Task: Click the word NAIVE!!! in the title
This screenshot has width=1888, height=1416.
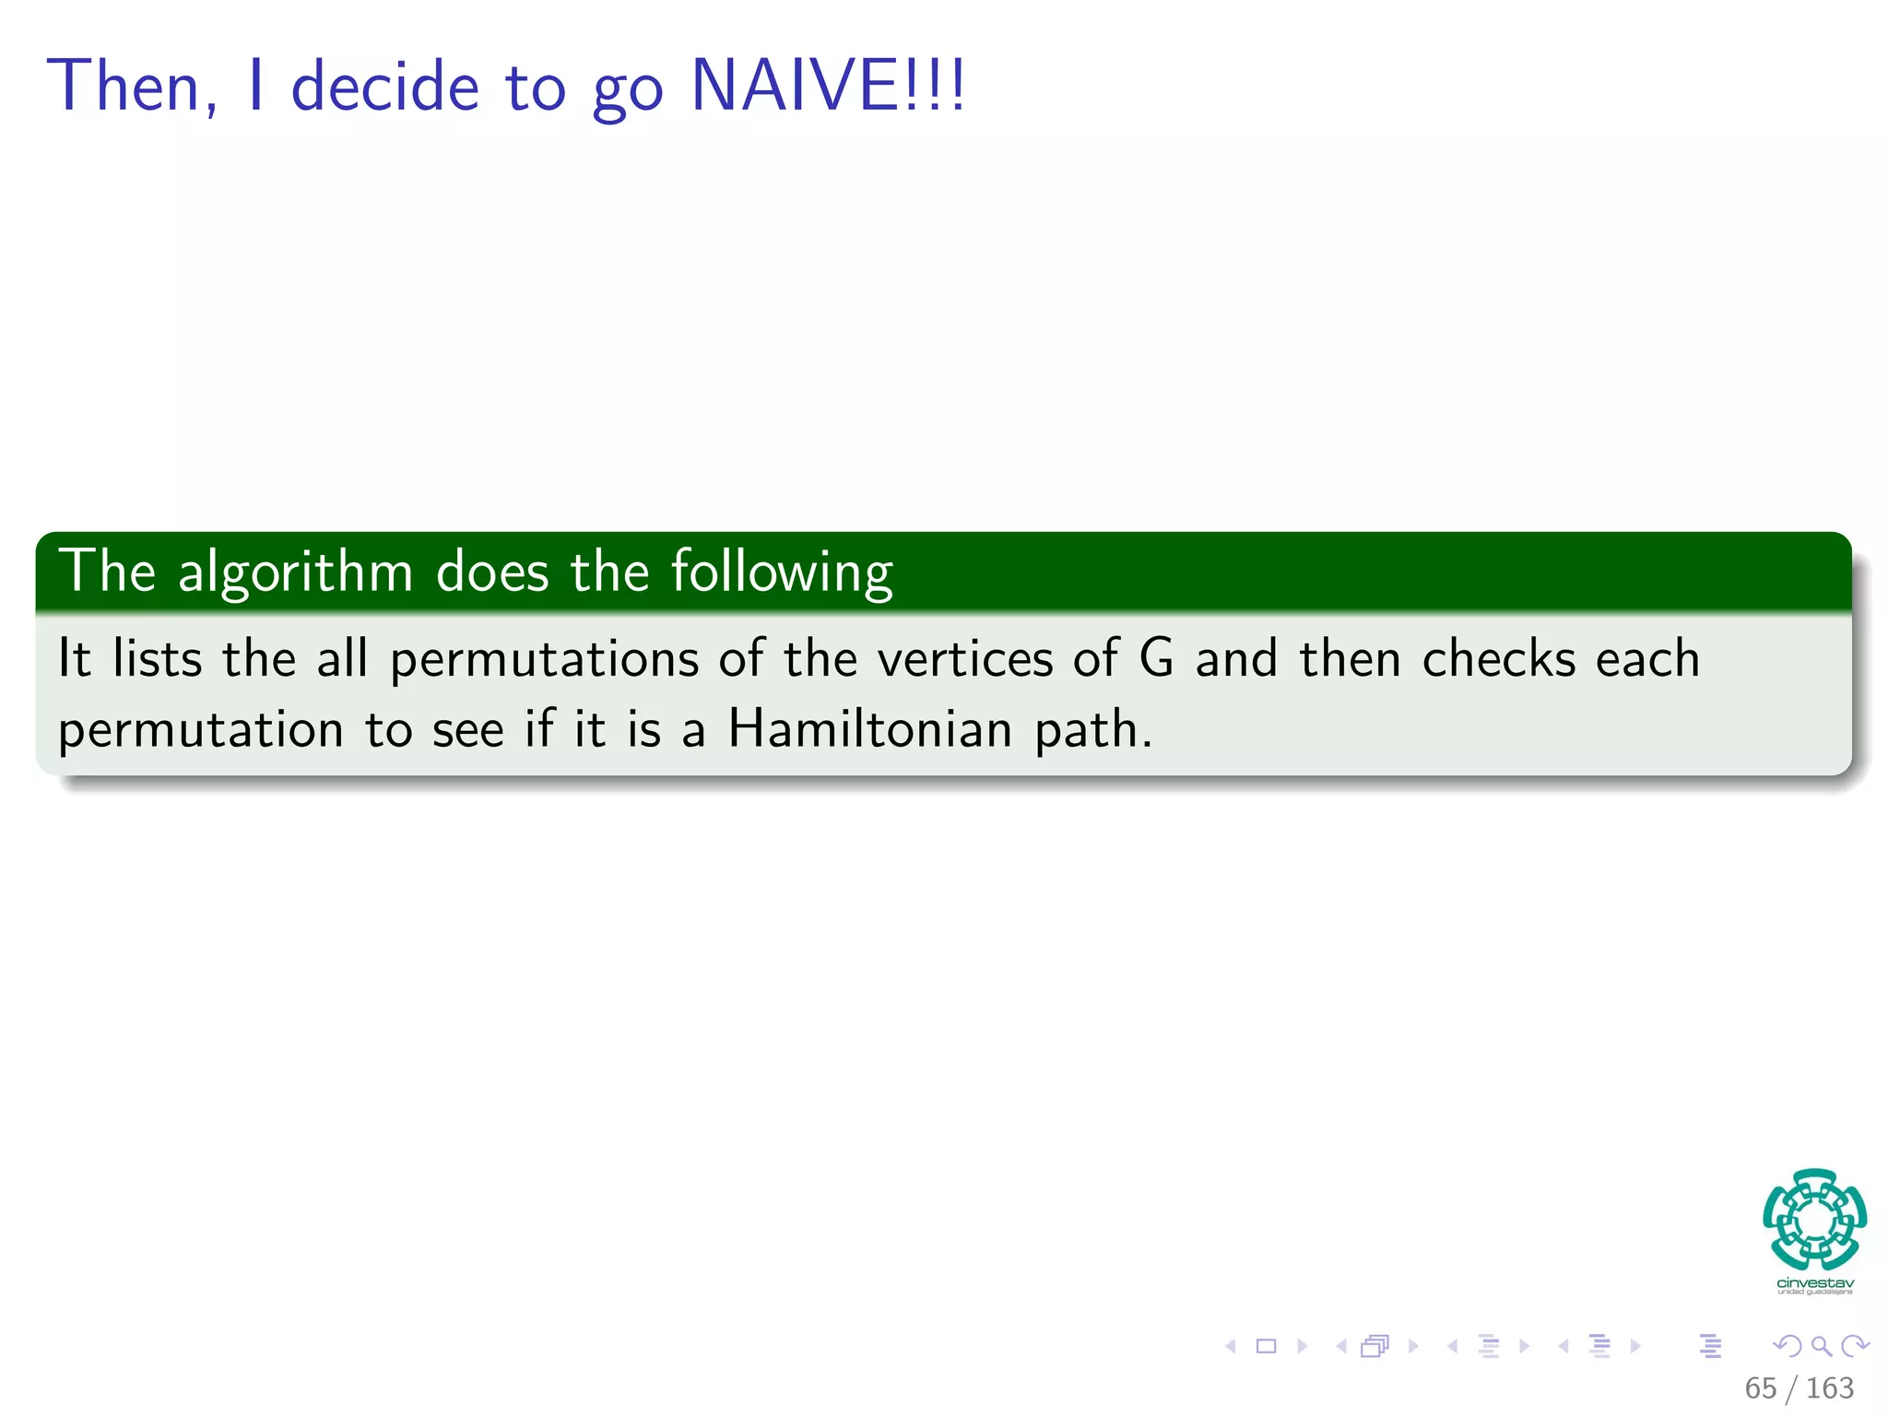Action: (x=828, y=86)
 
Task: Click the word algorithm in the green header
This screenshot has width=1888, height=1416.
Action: (x=295, y=572)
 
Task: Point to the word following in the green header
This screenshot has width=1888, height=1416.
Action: (x=781, y=572)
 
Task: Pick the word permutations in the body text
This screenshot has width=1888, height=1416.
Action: (x=544, y=660)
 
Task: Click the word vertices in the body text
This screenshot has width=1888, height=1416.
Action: (x=965, y=660)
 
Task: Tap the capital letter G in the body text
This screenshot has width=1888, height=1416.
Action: (x=1157, y=658)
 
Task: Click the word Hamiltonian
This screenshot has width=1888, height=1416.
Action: (x=870, y=729)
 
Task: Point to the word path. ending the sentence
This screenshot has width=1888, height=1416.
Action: (x=1093, y=731)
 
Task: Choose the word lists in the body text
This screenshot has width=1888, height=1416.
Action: (x=157, y=659)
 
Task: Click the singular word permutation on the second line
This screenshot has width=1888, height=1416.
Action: (x=201, y=731)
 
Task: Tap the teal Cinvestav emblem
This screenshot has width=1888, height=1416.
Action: (x=1814, y=1220)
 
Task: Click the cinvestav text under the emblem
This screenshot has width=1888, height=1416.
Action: (x=1814, y=1283)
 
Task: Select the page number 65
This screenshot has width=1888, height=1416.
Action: (x=1760, y=1387)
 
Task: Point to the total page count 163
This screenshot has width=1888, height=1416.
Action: (x=1830, y=1387)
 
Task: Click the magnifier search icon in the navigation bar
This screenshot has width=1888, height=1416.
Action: (x=1821, y=1346)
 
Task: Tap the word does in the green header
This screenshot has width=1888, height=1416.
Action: (x=492, y=572)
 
